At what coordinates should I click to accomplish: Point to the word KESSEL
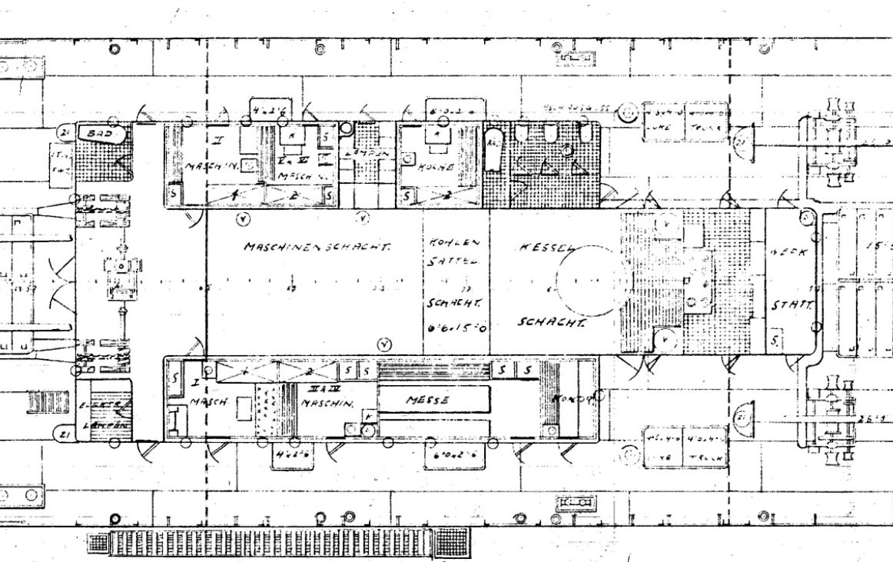coord(546,250)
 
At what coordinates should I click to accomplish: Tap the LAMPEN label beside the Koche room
coord(367,154)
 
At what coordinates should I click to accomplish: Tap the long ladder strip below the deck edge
coord(281,544)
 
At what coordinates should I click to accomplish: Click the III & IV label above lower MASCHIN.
coord(317,391)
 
